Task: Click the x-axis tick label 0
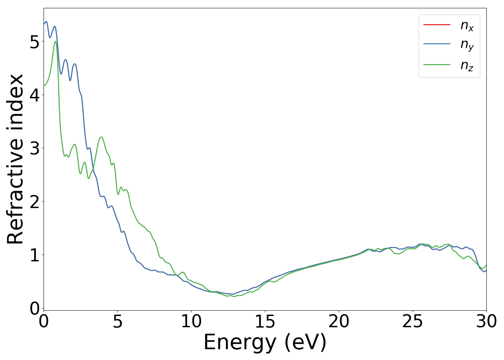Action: tap(44, 321)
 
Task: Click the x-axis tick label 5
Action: tap(117, 321)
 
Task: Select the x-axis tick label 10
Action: tap(191, 321)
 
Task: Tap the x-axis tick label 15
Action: tap(265, 321)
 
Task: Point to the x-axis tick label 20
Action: tap(339, 321)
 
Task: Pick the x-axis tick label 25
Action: tap(413, 321)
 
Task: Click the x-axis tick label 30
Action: tap(486, 321)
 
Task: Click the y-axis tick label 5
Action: tap(35, 42)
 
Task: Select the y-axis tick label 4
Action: tap(35, 95)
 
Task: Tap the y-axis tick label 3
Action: tap(35, 149)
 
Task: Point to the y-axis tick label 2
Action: tap(35, 202)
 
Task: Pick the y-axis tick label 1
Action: tap(35, 255)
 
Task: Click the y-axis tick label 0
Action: tap(35, 309)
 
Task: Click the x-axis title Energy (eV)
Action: tap(265, 342)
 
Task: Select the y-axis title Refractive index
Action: tap(15, 159)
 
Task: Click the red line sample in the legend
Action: tap(437, 24)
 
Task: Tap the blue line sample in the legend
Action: tap(437, 44)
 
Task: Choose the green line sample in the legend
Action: tap(437, 64)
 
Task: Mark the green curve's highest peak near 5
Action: tap(55, 41)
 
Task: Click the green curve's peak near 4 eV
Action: tap(102, 137)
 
